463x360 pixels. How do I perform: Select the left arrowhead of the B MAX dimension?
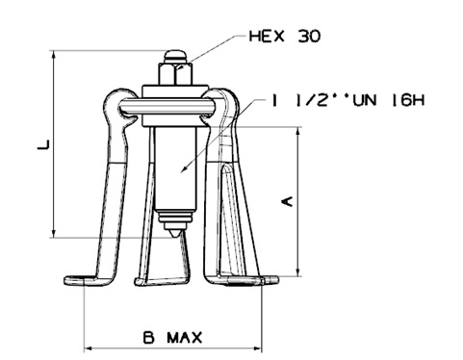(x=88, y=347)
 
